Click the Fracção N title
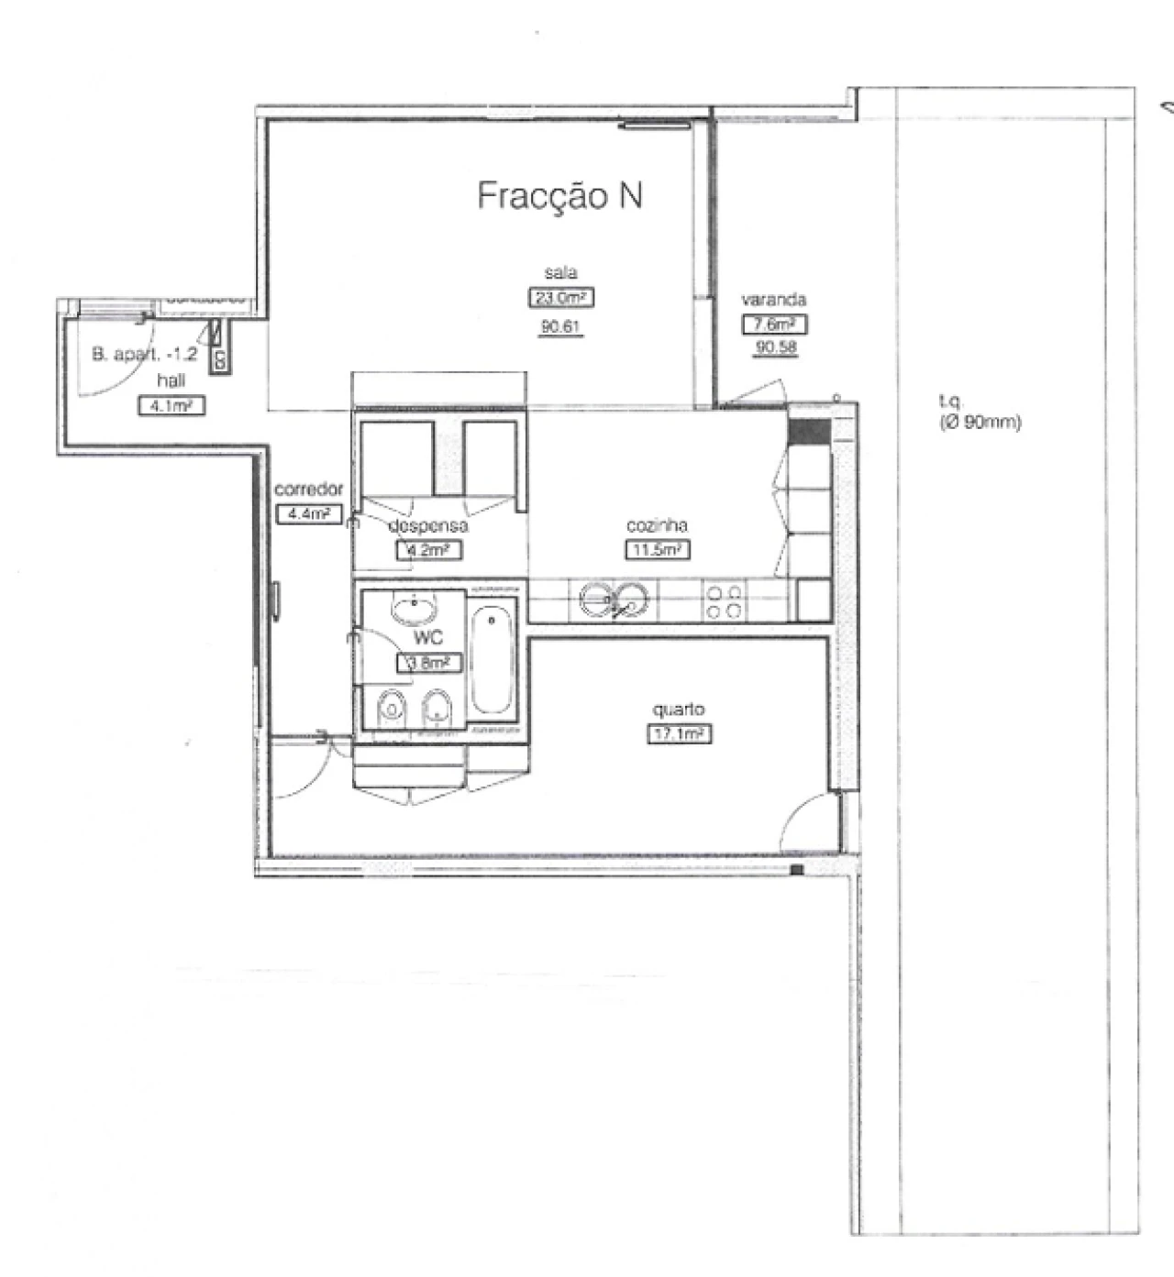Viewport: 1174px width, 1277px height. pos(559,195)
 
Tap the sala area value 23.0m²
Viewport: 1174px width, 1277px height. pos(560,298)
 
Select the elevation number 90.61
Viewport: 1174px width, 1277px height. pos(560,326)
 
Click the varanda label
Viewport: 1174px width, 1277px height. pos(773,300)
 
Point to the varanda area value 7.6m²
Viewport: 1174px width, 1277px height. pos(774,324)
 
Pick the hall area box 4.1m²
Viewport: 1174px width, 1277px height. pos(171,405)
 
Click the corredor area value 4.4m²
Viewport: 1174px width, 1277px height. pos(308,513)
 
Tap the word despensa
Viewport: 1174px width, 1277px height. pos(427,526)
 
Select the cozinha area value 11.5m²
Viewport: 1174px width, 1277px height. pos(657,550)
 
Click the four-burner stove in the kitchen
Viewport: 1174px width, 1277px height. pos(723,601)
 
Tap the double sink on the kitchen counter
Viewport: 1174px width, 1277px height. pos(614,600)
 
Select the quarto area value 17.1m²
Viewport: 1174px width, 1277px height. pos(679,733)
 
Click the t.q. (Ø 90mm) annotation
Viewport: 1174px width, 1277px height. pos(980,413)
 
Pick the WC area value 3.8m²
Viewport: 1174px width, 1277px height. pos(427,663)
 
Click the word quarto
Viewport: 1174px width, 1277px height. pos(679,710)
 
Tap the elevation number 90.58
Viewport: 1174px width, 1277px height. pos(775,347)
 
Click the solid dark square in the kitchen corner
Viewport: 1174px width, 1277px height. pos(809,431)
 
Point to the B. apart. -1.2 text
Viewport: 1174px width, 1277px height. pos(144,355)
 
